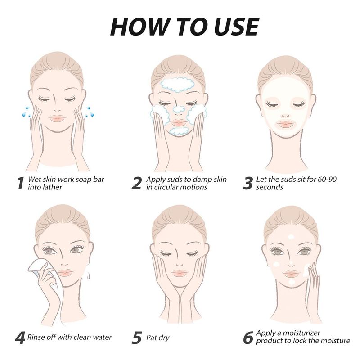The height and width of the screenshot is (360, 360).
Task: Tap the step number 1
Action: (x=20, y=184)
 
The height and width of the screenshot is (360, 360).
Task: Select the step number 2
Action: (x=136, y=184)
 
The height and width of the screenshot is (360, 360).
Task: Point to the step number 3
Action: (x=248, y=184)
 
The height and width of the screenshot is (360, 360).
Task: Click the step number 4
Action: (x=20, y=338)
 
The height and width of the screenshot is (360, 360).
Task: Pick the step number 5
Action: (x=137, y=338)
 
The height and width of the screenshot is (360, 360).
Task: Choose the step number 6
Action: (x=248, y=338)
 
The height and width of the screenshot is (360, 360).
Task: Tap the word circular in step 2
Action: (x=165, y=187)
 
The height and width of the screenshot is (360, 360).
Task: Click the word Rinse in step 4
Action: (x=36, y=337)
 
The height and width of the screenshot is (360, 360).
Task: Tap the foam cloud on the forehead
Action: (x=177, y=85)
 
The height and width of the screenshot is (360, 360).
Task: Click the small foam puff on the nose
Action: (x=179, y=109)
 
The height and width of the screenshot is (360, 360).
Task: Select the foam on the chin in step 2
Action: (x=179, y=131)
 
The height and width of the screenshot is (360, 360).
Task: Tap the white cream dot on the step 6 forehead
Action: (x=291, y=237)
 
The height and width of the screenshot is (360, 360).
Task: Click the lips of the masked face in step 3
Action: (x=285, y=124)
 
